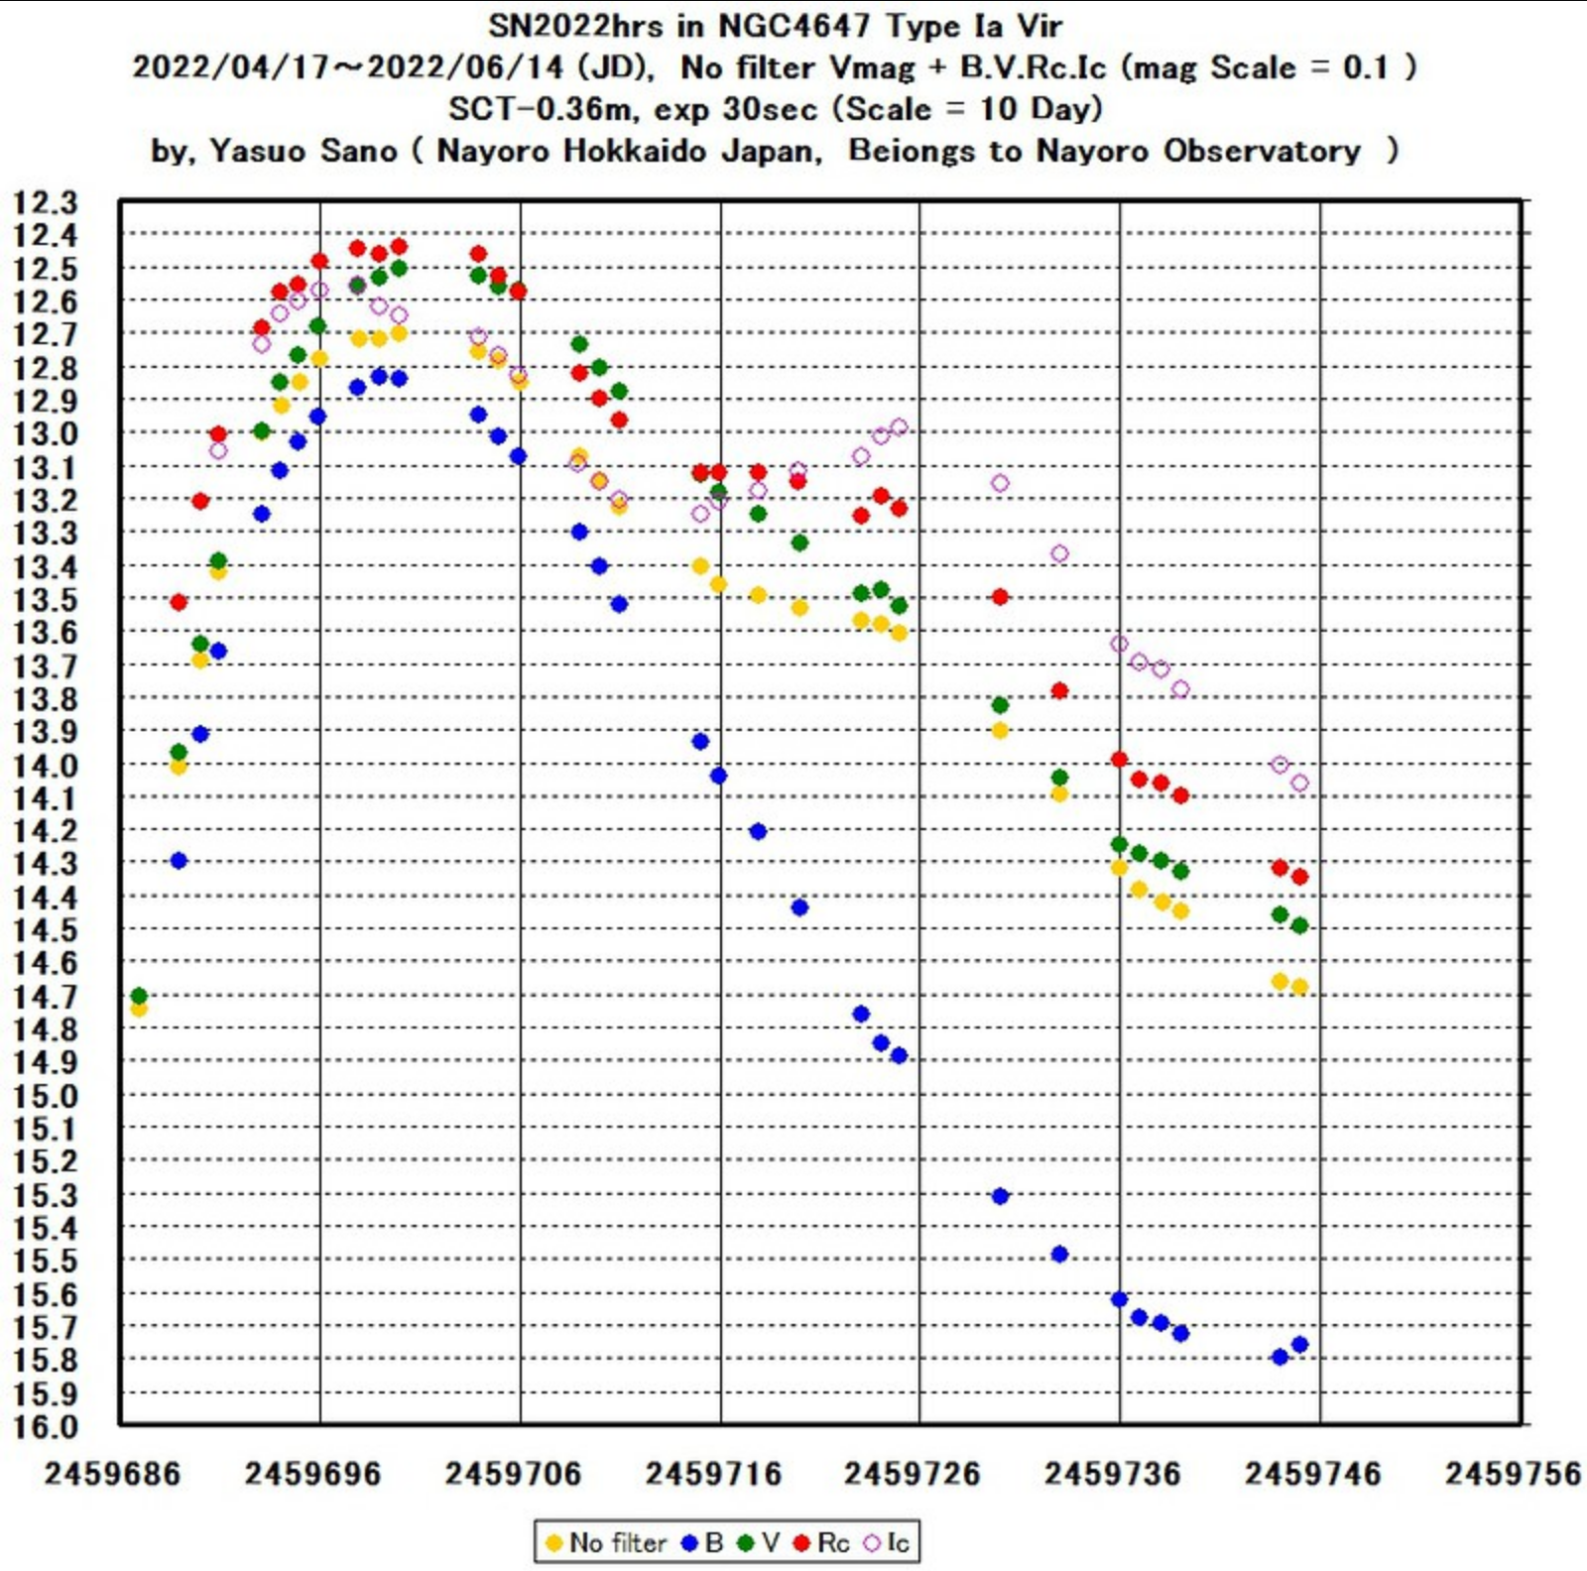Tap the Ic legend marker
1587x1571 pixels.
click(x=873, y=1542)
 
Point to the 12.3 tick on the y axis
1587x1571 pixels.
click(x=45, y=202)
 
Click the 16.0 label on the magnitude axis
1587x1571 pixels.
click(x=45, y=1426)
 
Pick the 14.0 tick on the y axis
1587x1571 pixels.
click(x=45, y=765)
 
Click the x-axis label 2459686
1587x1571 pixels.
click(x=112, y=1474)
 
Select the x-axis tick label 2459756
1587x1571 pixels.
click(x=1512, y=1474)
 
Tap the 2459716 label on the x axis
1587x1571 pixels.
click(x=713, y=1474)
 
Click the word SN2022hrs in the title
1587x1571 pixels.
click(x=575, y=26)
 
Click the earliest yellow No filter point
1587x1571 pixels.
click(x=139, y=1009)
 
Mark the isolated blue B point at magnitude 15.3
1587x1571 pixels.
click(x=1000, y=1196)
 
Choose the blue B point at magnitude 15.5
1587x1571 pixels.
click(x=1059, y=1254)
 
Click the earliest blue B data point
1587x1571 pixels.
click(x=179, y=860)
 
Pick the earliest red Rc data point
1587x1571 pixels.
click(x=179, y=602)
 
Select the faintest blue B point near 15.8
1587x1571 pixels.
click(x=1280, y=1357)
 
